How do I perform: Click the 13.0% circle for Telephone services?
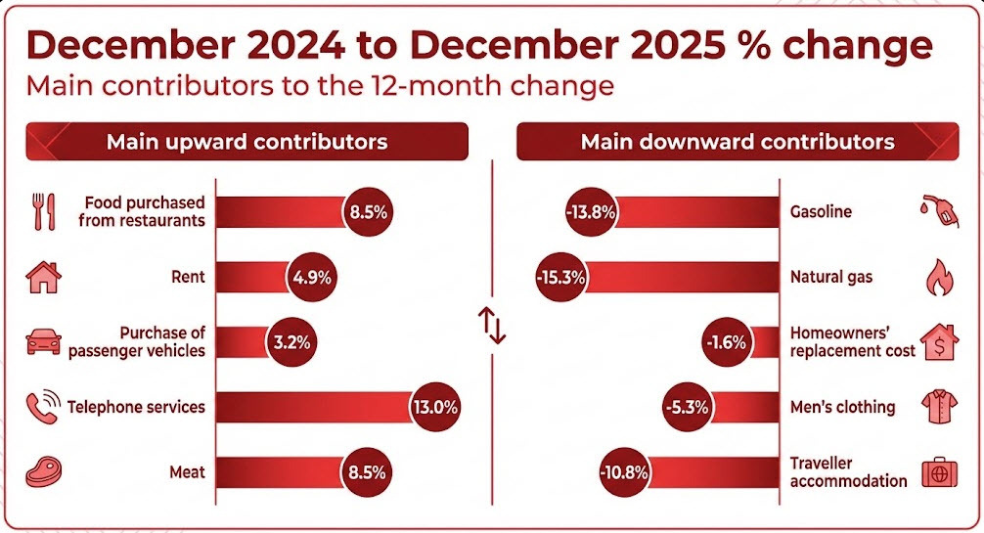[x=435, y=407]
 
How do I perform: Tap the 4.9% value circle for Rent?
[x=312, y=277]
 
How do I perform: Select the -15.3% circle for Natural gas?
[x=561, y=277]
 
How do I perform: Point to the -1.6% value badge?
[x=726, y=342]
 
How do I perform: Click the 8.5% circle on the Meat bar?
[x=368, y=471]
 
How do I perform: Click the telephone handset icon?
[x=43, y=407]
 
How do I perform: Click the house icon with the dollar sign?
[x=939, y=342]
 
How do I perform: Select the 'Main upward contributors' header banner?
[x=246, y=141]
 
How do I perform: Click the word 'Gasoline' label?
[x=821, y=211]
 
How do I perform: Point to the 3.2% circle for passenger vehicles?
[x=291, y=342]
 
